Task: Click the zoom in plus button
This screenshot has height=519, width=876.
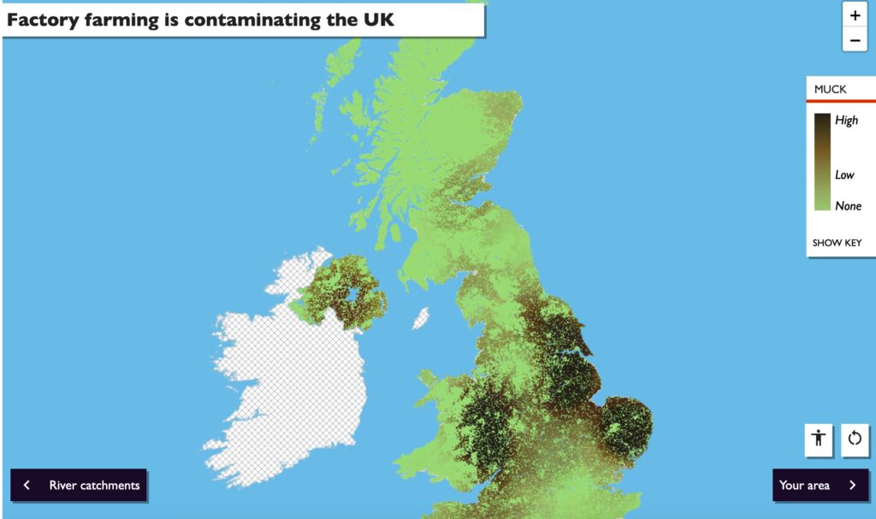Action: pyautogui.click(x=855, y=15)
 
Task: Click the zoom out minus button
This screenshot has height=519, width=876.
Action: pyautogui.click(x=855, y=39)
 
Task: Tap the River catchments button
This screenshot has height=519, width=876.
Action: pyautogui.click(x=79, y=486)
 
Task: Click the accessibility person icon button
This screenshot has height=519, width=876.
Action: pyautogui.click(x=819, y=439)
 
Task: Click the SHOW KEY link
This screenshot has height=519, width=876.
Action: pyautogui.click(x=837, y=243)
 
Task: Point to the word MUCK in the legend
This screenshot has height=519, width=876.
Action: pyautogui.click(x=830, y=89)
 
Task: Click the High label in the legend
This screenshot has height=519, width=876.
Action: pyautogui.click(x=846, y=121)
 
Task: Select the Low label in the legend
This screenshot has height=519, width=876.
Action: pyautogui.click(x=844, y=175)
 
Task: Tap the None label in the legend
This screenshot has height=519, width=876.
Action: pyautogui.click(x=848, y=206)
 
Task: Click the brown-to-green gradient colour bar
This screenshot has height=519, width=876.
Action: pyautogui.click(x=822, y=162)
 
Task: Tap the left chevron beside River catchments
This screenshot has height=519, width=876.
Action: pyautogui.click(x=27, y=486)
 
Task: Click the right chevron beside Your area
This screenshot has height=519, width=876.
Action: pyautogui.click(x=852, y=486)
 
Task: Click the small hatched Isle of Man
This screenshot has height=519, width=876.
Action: pyautogui.click(x=421, y=319)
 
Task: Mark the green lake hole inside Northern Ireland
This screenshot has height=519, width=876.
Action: pyautogui.click(x=349, y=296)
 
